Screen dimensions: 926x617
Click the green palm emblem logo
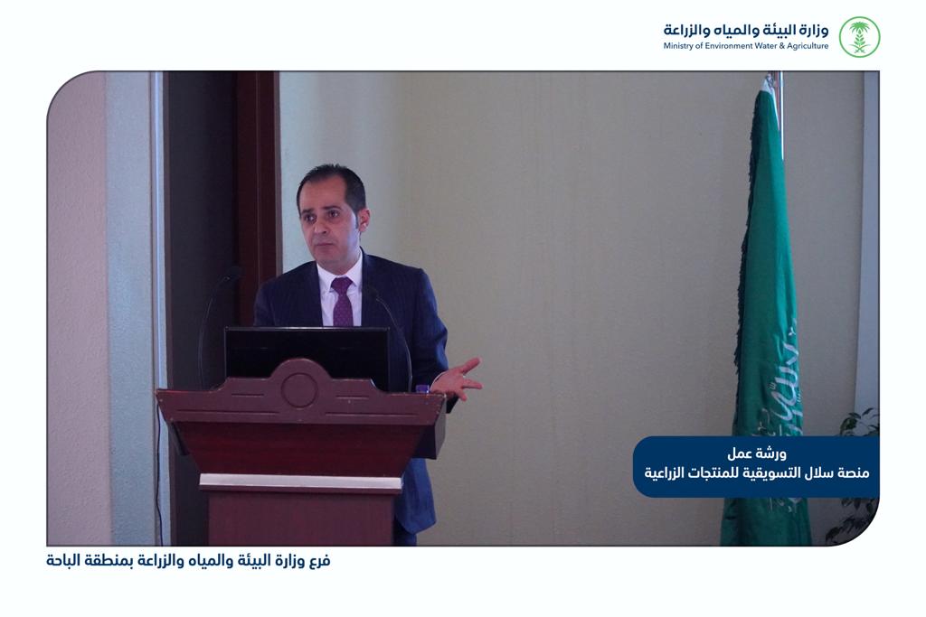point(859,36)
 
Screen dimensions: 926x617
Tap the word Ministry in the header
point(676,46)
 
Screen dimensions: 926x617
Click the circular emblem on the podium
point(298,389)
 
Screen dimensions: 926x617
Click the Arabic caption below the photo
point(188,561)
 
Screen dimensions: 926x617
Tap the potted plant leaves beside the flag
point(855,472)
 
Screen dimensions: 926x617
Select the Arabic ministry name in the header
point(746,30)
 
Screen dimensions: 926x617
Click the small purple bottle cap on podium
point(421,388)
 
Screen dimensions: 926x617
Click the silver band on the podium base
point(300,482)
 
